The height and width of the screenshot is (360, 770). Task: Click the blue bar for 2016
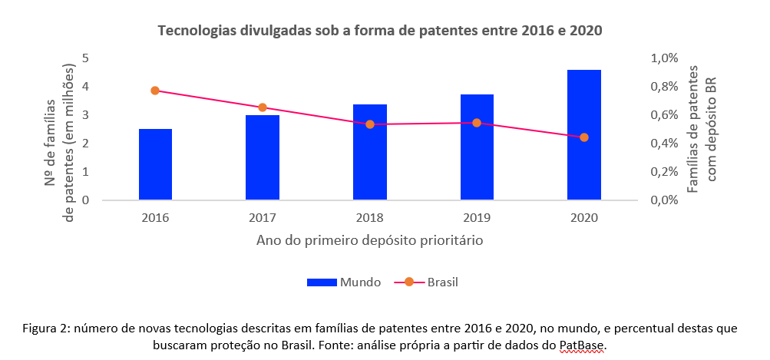(155, 164)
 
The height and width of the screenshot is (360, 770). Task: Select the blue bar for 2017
(263, 157)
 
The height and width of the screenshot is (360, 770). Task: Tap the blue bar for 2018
(370, 152)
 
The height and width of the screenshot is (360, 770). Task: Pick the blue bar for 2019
(477, 147)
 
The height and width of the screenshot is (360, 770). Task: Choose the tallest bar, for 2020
(584, 135)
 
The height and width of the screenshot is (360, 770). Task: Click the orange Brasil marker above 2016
(155, 91)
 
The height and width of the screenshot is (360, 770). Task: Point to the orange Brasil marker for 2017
(263, 107)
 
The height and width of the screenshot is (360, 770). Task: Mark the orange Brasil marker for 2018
(370, 124)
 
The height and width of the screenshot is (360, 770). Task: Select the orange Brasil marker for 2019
(477, 123)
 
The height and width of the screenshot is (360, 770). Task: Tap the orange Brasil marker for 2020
(584, 137)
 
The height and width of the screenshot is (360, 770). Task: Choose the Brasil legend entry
(430, 282)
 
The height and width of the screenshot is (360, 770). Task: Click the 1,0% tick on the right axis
(664, 58)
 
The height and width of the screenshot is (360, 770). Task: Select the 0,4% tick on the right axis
(664, 144)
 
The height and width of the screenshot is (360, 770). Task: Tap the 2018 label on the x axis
(370, 217)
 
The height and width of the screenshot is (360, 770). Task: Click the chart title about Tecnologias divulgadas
(380, 31)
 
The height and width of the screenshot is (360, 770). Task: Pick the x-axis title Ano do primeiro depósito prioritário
(369, 240)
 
